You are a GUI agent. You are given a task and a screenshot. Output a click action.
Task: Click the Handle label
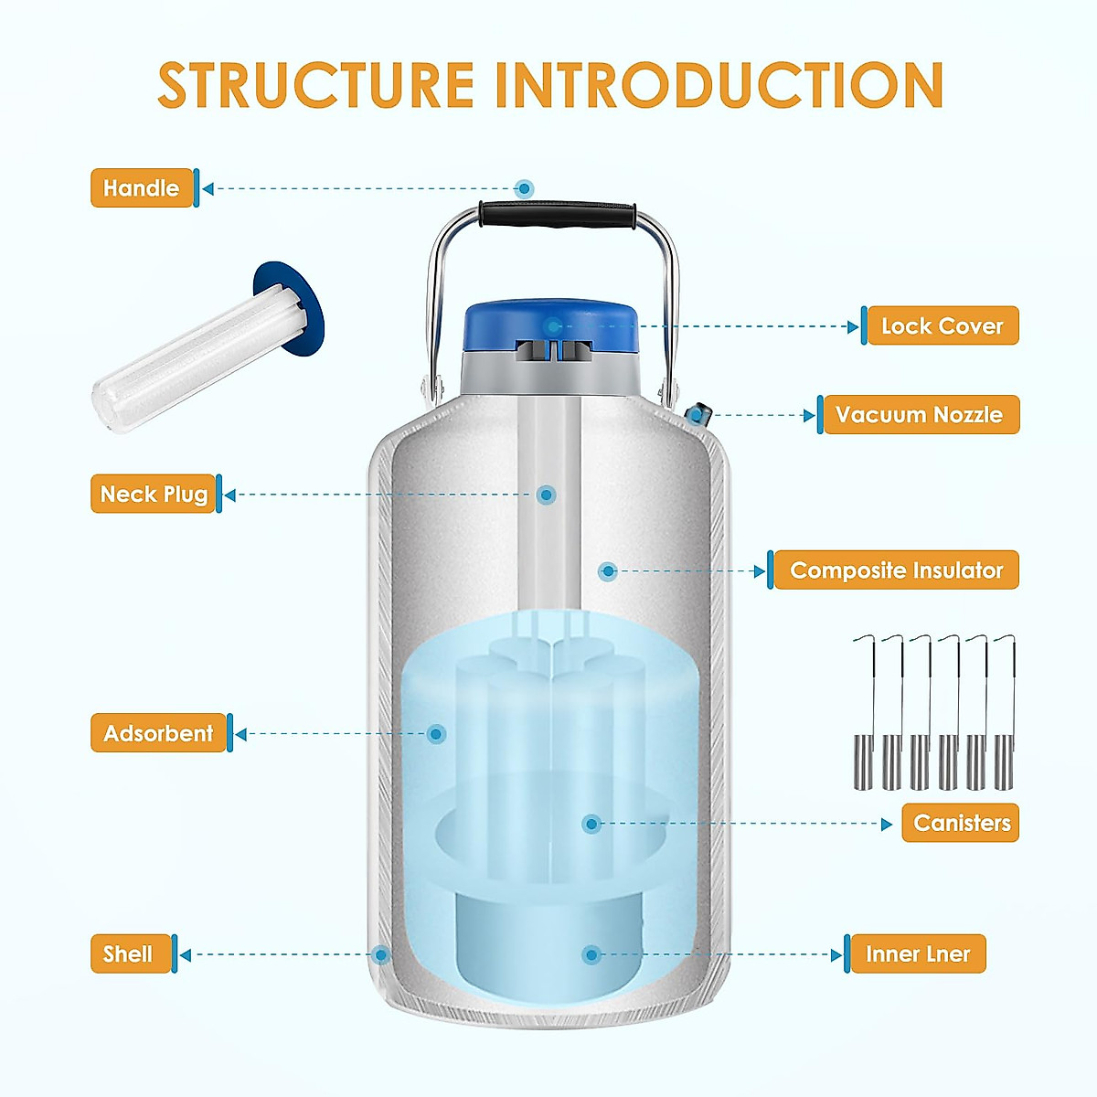(142, 188)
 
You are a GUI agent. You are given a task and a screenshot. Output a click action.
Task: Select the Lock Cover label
(942, 326)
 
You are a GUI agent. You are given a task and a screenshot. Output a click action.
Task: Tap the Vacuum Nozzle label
(920, 415)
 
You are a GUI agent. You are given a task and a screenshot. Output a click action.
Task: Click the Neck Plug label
(154, 495)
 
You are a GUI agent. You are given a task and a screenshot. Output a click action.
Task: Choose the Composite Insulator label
(896, 570)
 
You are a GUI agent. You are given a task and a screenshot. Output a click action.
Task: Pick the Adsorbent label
(158, 733)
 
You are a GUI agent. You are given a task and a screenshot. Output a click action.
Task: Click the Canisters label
(961, 823)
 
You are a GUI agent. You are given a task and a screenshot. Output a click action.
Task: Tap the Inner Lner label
(917, 954)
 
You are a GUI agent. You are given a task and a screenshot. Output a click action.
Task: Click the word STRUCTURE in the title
(316, 85)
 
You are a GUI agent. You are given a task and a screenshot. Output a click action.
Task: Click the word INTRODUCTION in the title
(719, 85)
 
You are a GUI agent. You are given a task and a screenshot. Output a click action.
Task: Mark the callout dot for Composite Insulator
(608, 571)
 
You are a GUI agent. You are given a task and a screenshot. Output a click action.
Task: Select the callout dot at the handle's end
(524, 189)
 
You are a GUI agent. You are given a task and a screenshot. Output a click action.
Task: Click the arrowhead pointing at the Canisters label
(887, 824)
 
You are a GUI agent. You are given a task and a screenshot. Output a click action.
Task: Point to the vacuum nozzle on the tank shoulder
(697, 414)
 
